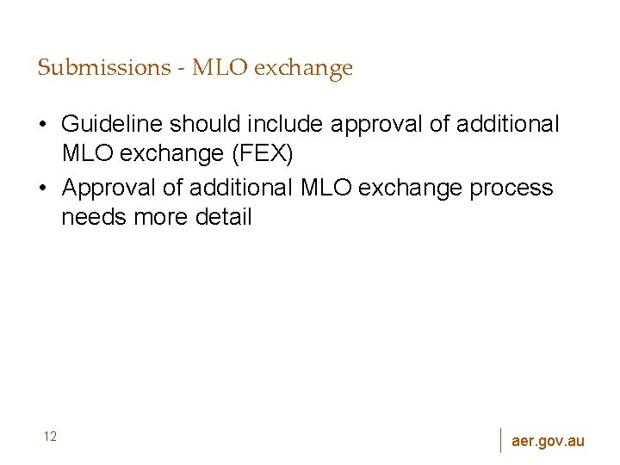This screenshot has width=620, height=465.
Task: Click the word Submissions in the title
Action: (x=103, y=68)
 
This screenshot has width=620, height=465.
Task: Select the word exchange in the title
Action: (x=307, y=68)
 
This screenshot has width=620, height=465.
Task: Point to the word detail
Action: (x=224, y=218)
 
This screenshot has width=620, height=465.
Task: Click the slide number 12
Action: (x=50, y=437)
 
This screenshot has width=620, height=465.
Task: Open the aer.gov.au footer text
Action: (x=548, y=441)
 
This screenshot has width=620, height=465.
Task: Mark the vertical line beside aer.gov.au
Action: (x=500, y=439)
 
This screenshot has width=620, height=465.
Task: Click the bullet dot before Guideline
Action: (x=42, y=126)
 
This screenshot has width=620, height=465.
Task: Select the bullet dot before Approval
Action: (x=42, y=188)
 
